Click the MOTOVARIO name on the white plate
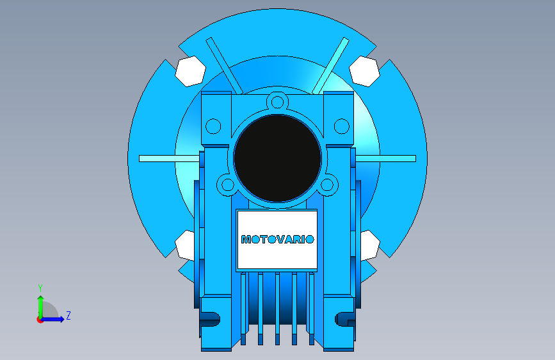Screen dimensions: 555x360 [278, 240]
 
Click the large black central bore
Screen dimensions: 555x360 [278, 158]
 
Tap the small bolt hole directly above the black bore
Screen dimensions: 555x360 [278, 102]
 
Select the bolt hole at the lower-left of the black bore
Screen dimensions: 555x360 [228, 185]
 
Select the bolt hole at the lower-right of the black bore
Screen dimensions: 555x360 [327, 185]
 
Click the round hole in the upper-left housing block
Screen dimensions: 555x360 [213, 126]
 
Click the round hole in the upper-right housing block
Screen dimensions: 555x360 [342, 126]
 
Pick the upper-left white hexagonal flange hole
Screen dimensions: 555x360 [190, 71]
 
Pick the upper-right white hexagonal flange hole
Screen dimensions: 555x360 [365, 71]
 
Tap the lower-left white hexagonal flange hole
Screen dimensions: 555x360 [185, 245]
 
